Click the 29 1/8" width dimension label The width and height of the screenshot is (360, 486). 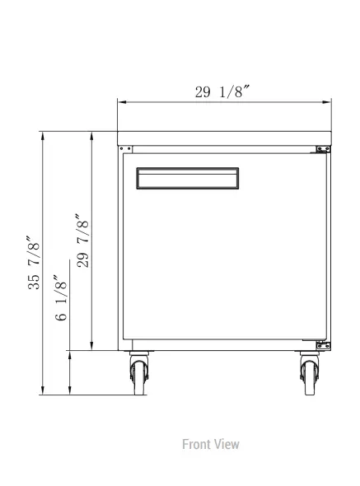pos(222,91)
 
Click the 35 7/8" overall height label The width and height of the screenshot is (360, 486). pos(34,263)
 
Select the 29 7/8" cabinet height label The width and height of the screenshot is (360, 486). pos(82,241)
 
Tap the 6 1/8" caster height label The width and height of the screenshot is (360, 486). pos(60,297)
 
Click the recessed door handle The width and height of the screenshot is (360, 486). pos(188,178)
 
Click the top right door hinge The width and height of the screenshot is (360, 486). pos(323,149)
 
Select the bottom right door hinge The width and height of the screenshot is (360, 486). pos(323,345)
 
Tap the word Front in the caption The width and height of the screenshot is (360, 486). pos(197,444)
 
